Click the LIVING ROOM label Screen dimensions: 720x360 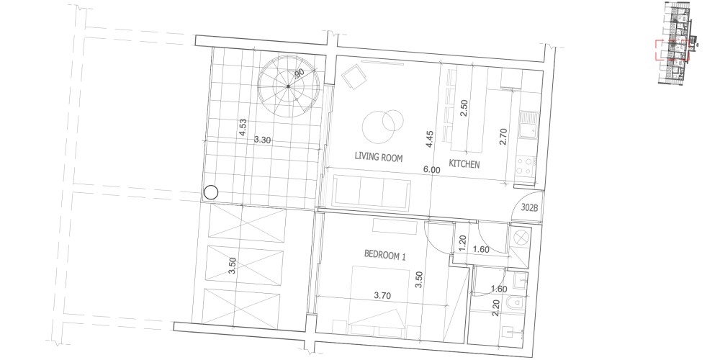pyautogui.click(x=379, y=157)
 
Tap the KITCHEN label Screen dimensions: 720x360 pyautogui.click(x=464, y=164)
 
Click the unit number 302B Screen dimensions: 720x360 pyautogui.click(x=529, y=207)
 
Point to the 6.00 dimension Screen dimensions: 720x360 pyautogui.click(x=431, y=170)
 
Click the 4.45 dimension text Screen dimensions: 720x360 pyautogui.click(x=429, y=139)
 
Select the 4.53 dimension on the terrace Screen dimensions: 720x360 pyautogui.click(x=243, y=127)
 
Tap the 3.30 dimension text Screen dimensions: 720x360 pyautogui.click(x=262, y=140)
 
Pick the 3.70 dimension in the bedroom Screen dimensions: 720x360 pyautogui.click(x=382, y=296)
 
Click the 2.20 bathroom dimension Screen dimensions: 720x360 pyautogui.click(x=495, y=307)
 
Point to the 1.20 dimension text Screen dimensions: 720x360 pyautogui.click(x=463, y=243)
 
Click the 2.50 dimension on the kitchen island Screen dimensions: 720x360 pyautogui.click(x=464, y=108)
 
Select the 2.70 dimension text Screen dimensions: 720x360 pyautogui.click(x=503, y=137)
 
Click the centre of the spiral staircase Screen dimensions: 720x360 pyautogui.click(x=288, y=86)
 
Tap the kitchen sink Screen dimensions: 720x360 pyautogui.click(x=527, y=125)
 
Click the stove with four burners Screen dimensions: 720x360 pyautogui.click(x=526, y=167)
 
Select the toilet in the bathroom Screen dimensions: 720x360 pyautogui.click(x=516, y=304)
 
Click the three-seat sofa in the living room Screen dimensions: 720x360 pyautogui.click(x=372, y=193)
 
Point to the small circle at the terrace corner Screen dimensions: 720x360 pyautogui.click(x=211, y=192)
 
